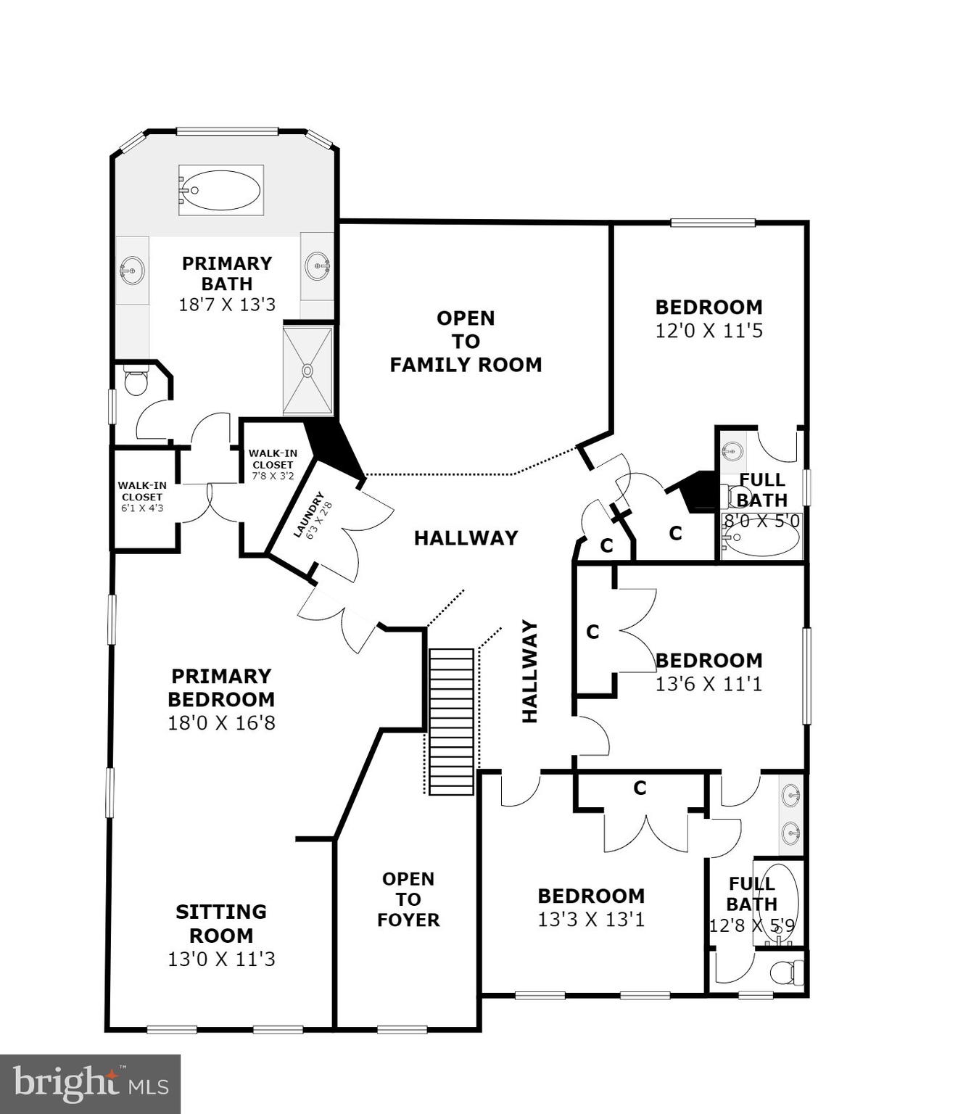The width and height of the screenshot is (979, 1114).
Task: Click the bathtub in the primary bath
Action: [x=220, y=190]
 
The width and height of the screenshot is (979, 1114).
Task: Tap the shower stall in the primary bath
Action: [x=307, y=371]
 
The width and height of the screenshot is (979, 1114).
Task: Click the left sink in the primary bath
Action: [x=132, y=271]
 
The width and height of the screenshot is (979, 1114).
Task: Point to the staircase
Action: [x=451, y=721]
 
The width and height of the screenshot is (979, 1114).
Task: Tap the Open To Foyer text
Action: [x=408, y=899]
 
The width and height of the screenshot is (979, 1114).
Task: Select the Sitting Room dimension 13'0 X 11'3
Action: [x=221, y=959]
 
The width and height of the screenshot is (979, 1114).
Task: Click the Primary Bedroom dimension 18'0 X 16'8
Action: [x=221, y=722]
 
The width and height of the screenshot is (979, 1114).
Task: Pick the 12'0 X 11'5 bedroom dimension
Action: [x=709, y=331]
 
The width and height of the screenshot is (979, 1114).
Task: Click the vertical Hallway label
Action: [x=530, y=672]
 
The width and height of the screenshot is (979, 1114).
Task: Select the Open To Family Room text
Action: [x=466, y=341]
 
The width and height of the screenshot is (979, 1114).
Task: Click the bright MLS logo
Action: [x=90, y=1084]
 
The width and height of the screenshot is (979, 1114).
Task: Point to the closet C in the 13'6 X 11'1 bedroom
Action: [x=592, y=632]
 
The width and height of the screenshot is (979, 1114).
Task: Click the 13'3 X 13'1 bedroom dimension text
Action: [x=591, y=920]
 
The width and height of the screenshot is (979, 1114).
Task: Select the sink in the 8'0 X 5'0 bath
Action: [x=732, y=451]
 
